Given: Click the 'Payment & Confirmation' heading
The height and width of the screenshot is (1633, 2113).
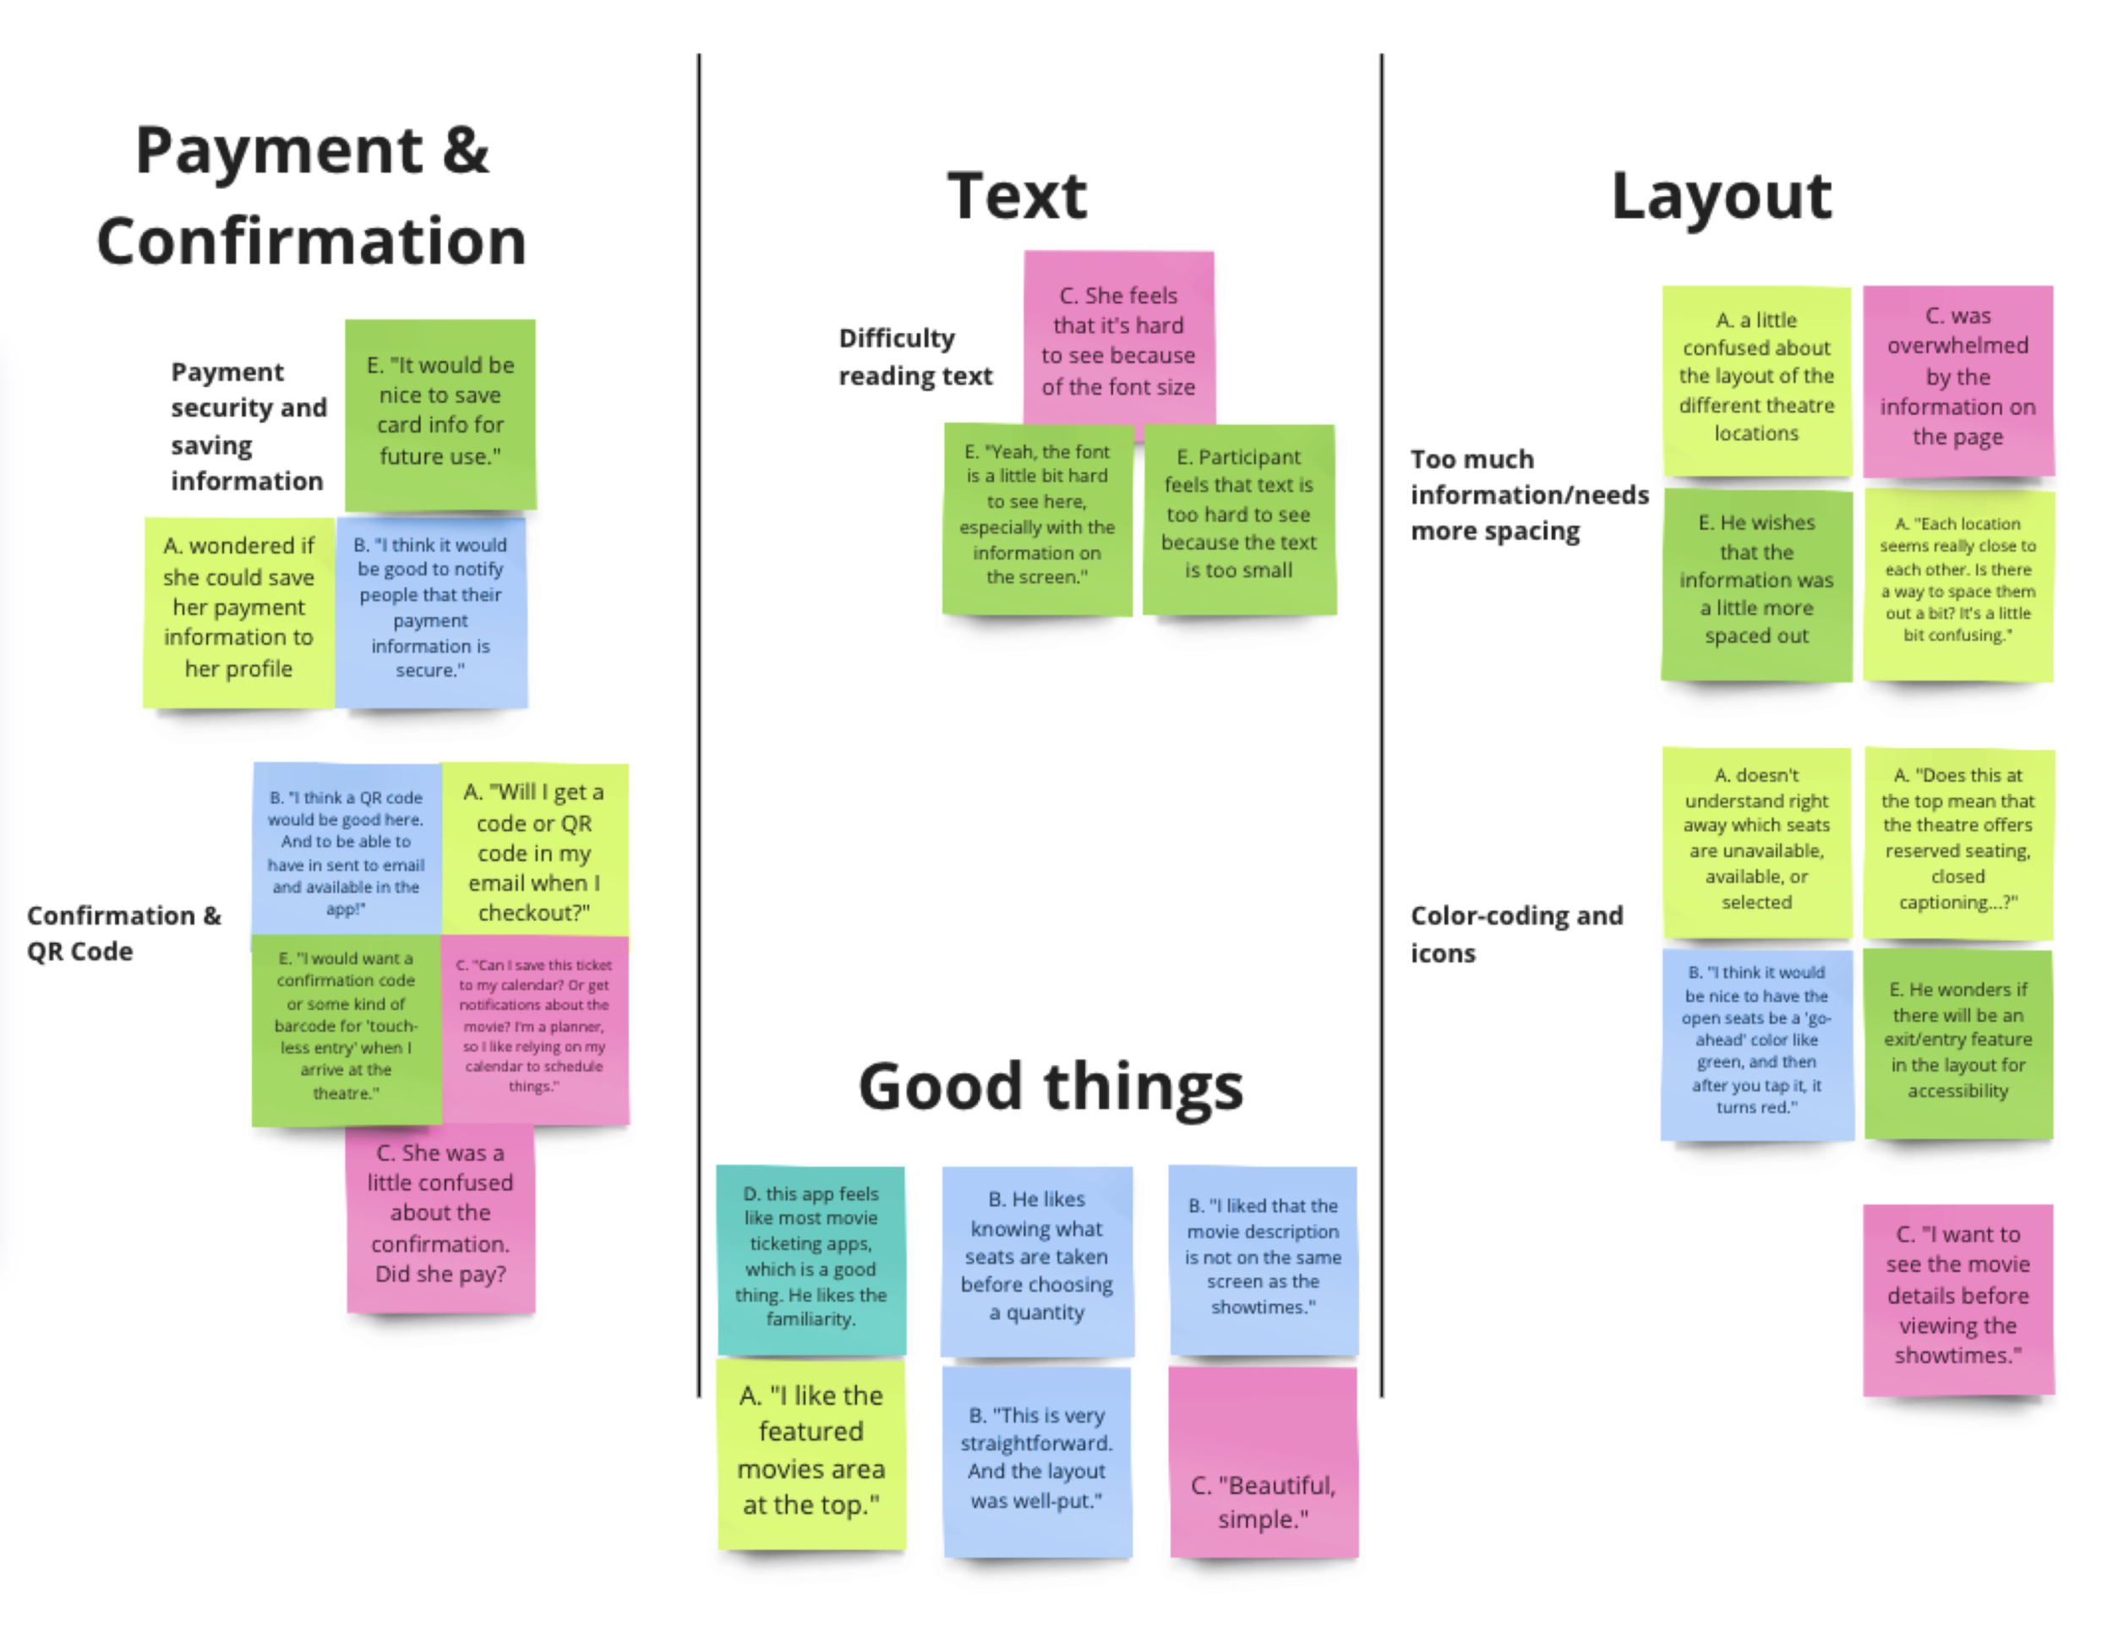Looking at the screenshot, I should tap(312, 195).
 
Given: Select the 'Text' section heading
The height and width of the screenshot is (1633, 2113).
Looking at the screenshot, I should tap(1016, 195).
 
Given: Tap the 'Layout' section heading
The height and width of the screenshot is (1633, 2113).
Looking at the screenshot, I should tap(1720, 195).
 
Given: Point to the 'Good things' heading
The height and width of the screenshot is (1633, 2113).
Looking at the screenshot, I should tap(1050, 1086).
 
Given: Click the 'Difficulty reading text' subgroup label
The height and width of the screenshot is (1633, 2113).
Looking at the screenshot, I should tap(915, 356).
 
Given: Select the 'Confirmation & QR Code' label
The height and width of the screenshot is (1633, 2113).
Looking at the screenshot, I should tap(123, 932).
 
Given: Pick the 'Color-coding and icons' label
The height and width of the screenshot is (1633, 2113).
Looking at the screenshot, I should tap(1515, 932).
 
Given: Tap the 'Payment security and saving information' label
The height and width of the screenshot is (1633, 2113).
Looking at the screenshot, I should tap(248, 426).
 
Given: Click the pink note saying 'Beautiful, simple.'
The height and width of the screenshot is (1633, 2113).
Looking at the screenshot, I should tap(1263, 1461).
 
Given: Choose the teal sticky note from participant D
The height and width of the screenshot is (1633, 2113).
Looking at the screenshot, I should tap(811, 1258).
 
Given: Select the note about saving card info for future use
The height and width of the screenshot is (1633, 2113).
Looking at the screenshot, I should tap(440, 413).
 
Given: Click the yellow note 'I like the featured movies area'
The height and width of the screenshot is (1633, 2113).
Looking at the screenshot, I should tap(811, 1451).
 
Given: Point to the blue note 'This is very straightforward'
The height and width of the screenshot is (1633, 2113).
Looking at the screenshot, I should tap(1036, 1459).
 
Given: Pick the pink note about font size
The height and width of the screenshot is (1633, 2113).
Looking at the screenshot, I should tap(1118, 341).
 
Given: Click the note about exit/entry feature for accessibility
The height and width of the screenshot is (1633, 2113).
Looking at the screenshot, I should tap(1957, 1043).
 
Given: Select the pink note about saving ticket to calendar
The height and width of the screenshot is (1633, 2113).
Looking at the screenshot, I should tap(534, 1028).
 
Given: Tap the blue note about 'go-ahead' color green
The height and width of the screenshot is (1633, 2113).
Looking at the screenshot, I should tap(1756, 1043).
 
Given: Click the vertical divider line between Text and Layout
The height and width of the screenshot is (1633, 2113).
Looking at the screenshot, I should tap(1380, 725).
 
